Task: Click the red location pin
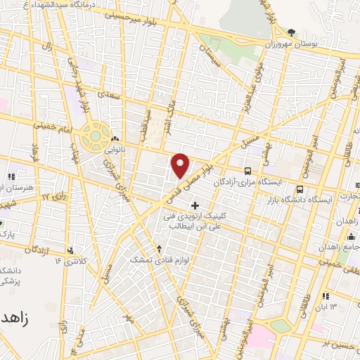pos(181,165)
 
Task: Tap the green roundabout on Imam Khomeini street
pos(92,136)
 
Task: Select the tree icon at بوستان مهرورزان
pos(291,32)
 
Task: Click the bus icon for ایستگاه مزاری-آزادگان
pos(247,171)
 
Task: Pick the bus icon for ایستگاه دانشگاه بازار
pos(300,189)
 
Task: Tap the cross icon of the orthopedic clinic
pos(195,205)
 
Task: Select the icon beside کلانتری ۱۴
pos(71,250)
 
